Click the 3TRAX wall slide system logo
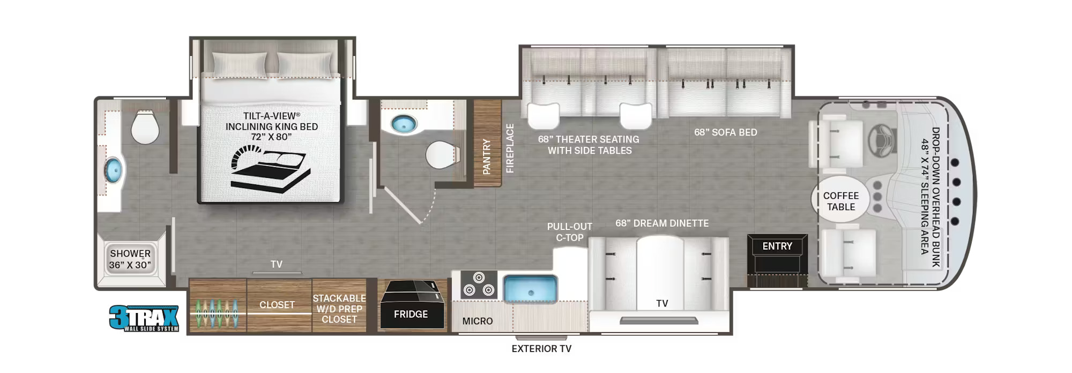coord(144,318)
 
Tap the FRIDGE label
coord(411,315)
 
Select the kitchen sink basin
coord(531,288)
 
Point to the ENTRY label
coord(777,246)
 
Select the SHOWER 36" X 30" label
coord(130,259)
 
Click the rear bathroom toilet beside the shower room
coord(145,127)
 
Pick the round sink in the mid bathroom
coord(404,124)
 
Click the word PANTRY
coord(487,156)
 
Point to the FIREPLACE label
coord(510,148)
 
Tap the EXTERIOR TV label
coord(541,349)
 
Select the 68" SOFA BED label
coord(725,132)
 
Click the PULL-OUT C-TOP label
coord(569,232)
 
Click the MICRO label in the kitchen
coord(477,321)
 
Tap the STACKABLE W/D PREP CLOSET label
coord(339,309)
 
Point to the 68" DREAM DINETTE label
coord(662,223)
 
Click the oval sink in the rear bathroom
coord(113,171)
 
